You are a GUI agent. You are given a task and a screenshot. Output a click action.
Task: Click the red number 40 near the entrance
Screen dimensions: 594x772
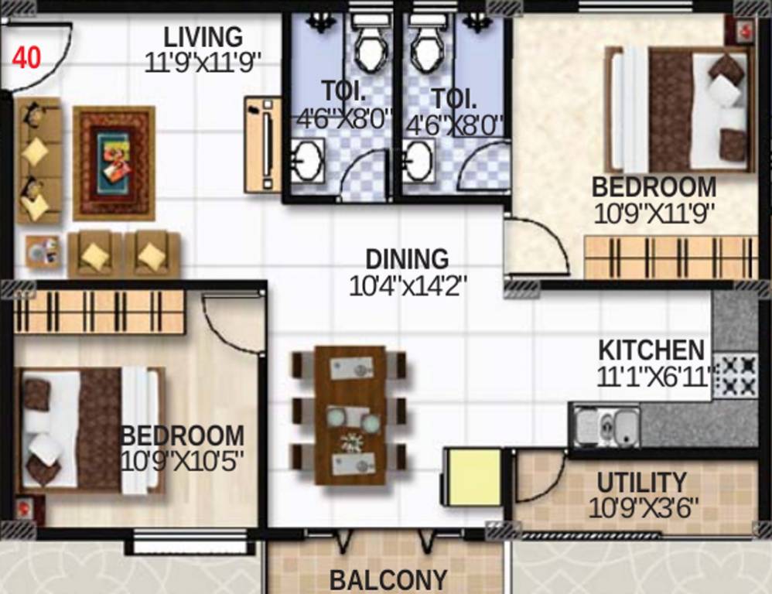point(26,59)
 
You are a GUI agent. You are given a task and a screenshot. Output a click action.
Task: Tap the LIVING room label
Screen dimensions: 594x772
point(203,36)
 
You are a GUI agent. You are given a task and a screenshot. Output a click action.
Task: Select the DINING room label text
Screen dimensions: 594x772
point(407,259)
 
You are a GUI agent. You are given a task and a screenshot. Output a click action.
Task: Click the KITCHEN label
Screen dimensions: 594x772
point(651,350)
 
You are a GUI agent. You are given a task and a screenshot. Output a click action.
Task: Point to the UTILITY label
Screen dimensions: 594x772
point(641,483)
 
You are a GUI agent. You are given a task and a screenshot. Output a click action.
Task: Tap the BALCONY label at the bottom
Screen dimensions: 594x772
point(388,580)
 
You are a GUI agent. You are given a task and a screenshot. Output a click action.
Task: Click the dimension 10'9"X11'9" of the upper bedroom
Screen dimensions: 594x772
point(654,213)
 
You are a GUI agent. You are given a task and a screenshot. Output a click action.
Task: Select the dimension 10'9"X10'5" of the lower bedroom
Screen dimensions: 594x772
point(183,462)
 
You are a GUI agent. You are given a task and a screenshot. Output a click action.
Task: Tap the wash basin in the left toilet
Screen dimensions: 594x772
point(307,161)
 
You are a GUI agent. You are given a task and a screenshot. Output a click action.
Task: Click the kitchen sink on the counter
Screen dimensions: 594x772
point(607,424)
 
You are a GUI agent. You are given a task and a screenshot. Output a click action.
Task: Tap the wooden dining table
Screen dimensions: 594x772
point(350,415)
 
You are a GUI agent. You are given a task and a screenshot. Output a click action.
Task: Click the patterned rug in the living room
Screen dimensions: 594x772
point(114,163)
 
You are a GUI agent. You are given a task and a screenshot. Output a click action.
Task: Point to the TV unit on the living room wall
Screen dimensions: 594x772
point(263,145)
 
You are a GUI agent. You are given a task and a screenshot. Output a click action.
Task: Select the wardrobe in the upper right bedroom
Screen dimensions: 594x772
point(670,258)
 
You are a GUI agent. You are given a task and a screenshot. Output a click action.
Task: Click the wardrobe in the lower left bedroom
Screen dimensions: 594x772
point(100,312)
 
